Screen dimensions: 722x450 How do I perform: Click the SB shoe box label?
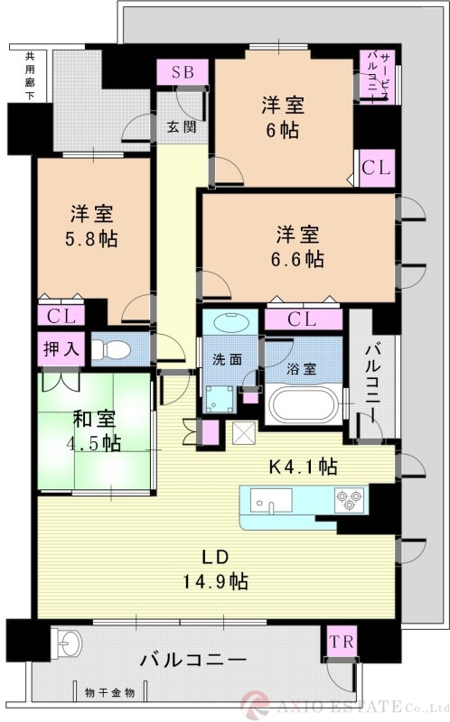pos(183,72)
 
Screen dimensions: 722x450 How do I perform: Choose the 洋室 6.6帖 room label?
pos(299,246)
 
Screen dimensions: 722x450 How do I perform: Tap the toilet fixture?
pos(113,348)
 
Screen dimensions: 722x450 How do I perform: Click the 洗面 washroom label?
pos(227,358)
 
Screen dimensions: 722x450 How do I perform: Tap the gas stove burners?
pos(349,498)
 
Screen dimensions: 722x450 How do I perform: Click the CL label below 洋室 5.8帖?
pos(61,316)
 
